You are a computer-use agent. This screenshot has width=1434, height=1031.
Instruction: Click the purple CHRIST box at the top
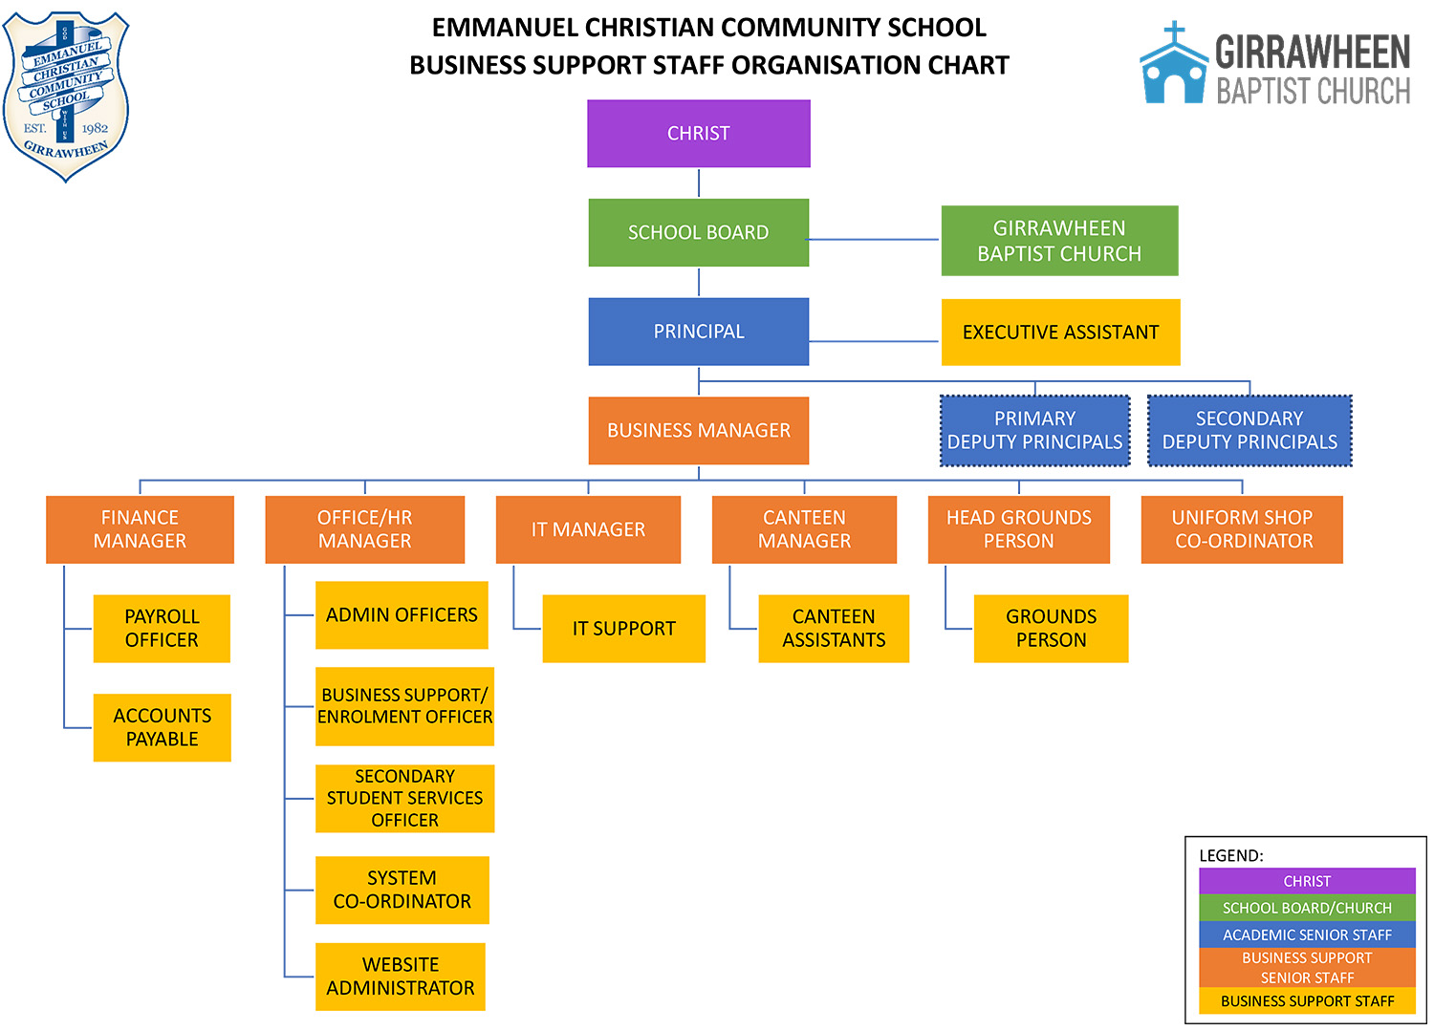[698, 134]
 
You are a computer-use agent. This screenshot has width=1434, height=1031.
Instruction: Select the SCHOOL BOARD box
[698, 232]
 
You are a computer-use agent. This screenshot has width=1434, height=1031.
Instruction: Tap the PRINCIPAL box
[698, 332]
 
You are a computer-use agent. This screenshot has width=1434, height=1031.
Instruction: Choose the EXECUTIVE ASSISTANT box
[1060, 333]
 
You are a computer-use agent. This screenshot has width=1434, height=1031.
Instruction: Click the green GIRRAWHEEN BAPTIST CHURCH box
[1059, 241]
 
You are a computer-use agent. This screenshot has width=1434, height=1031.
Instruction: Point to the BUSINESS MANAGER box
[698, 431]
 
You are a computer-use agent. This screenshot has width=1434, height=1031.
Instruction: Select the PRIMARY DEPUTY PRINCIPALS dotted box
[1034, 431]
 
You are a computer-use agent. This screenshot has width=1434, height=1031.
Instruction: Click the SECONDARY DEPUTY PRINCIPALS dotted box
[1249, 431]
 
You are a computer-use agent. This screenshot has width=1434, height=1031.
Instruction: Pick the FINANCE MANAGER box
[140, 529]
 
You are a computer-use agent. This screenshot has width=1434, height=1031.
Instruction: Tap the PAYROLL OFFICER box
[162, 629]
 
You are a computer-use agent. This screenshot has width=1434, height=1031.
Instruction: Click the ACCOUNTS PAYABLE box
[162, 727]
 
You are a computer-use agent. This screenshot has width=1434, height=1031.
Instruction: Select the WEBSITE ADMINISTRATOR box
[401, 977]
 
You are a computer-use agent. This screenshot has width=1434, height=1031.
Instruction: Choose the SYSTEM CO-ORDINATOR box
[402, 890]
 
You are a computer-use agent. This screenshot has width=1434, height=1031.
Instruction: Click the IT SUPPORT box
[623, 629]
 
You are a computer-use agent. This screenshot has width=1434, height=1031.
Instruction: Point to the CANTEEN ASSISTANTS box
[834, 629]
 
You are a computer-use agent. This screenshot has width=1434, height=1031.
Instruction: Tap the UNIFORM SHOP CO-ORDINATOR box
[1242, 529]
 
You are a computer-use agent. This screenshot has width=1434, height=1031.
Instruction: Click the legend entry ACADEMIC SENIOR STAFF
[1307, 934]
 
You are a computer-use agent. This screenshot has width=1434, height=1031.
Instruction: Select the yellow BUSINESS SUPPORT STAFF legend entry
[1307, 1001]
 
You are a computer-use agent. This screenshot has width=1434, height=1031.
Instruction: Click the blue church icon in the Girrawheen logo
[1173, 67]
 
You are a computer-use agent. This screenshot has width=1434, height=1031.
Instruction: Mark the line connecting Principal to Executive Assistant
[874, 341]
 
